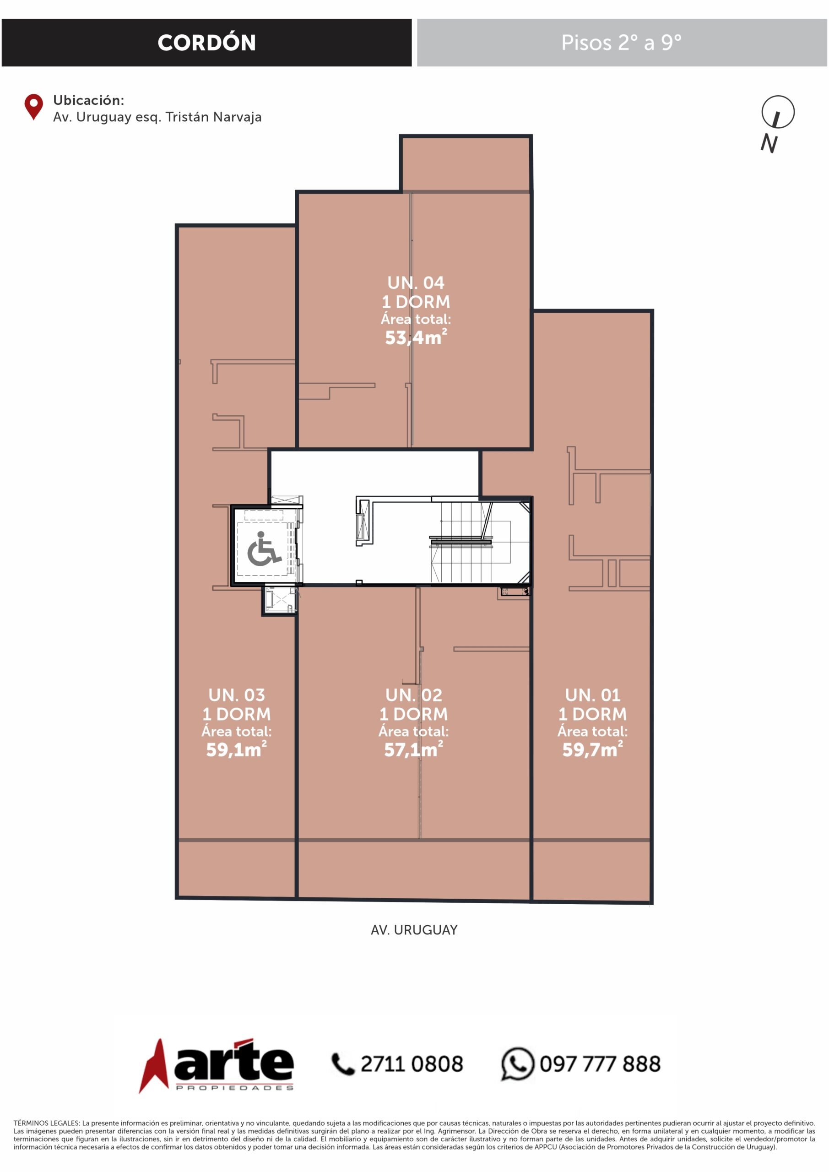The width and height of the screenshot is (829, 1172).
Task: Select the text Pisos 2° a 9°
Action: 621,43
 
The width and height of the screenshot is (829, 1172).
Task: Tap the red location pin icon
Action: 34,107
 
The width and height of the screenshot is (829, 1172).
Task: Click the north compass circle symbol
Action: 777,112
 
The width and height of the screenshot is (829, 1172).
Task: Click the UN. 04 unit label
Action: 416,282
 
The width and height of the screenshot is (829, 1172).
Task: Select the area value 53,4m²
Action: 416,337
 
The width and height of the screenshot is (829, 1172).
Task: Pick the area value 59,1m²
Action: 236,749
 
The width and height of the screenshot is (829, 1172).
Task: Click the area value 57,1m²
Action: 413,749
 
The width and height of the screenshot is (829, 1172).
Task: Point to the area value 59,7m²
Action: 593,749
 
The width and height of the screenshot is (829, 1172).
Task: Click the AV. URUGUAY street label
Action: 414,930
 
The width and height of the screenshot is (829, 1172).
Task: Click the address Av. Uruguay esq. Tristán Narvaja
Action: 157,117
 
